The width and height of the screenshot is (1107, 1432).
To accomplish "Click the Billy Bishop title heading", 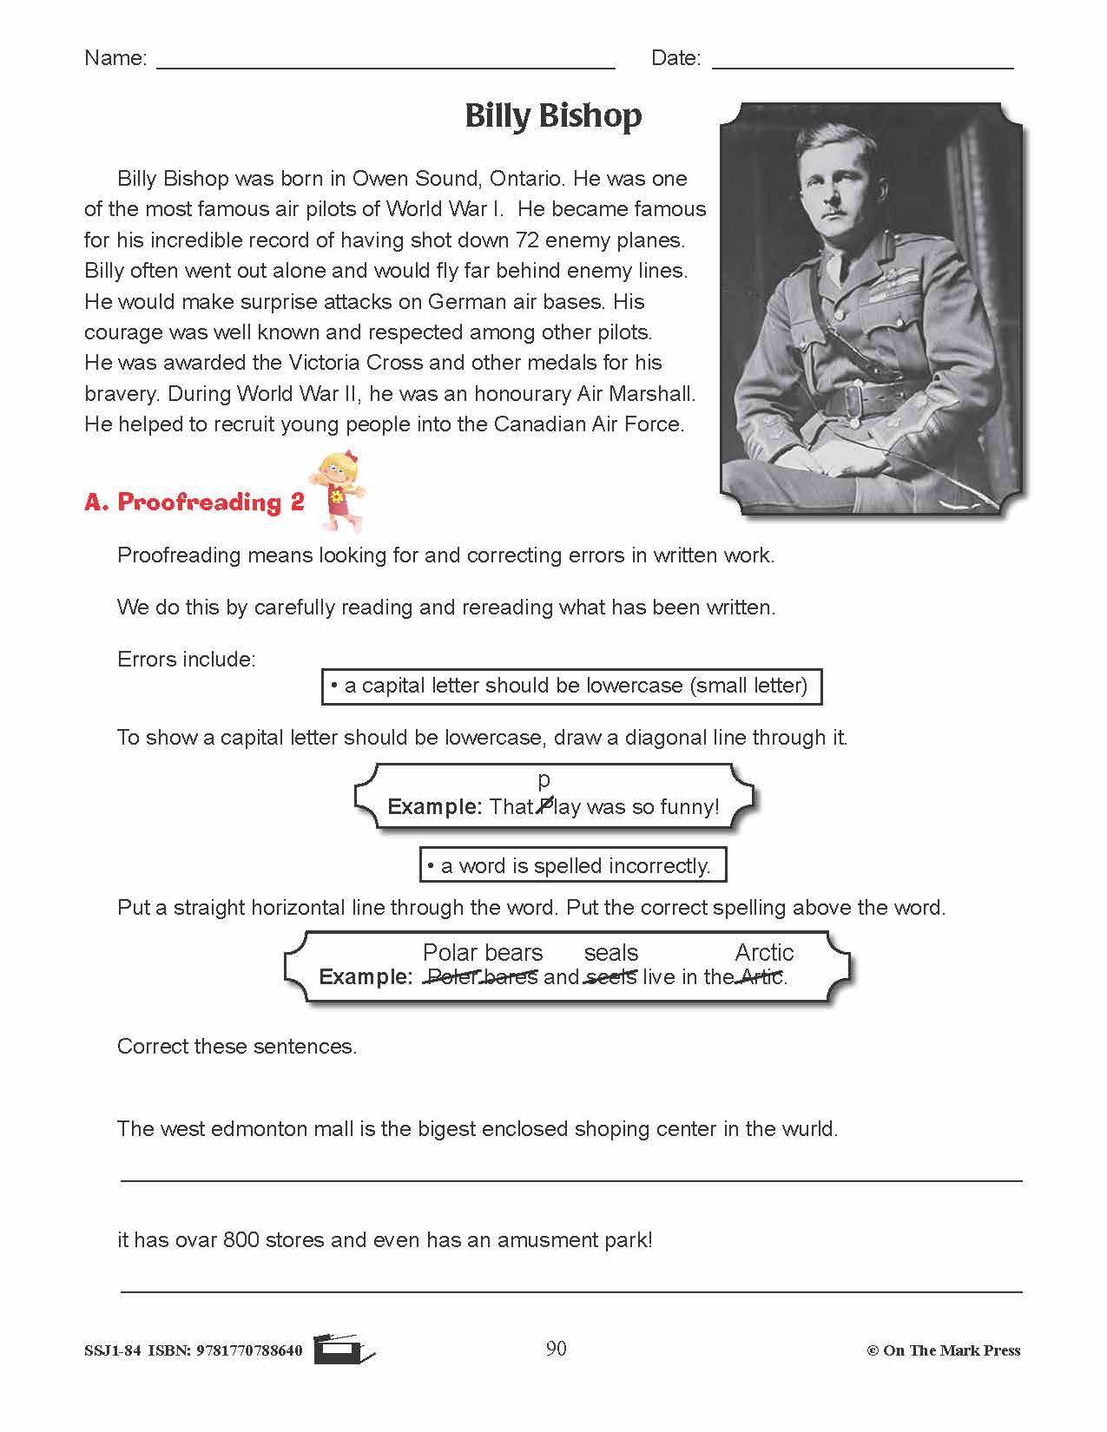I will click(553, 115).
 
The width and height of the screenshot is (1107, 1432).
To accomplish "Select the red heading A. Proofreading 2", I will click(194, 503).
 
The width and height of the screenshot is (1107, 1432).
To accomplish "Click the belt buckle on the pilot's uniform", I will click(854, 401).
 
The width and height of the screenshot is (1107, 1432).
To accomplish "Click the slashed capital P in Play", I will click(544, 806).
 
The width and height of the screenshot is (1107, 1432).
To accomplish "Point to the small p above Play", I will click(544, 779).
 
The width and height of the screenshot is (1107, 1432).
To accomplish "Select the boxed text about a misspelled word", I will click(572, 865).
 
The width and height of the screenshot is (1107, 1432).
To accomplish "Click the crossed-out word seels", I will click(611, 977).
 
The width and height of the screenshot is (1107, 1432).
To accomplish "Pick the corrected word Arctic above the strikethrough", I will click(764, 952).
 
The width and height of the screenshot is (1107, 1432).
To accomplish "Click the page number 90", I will click(556, 1348).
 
